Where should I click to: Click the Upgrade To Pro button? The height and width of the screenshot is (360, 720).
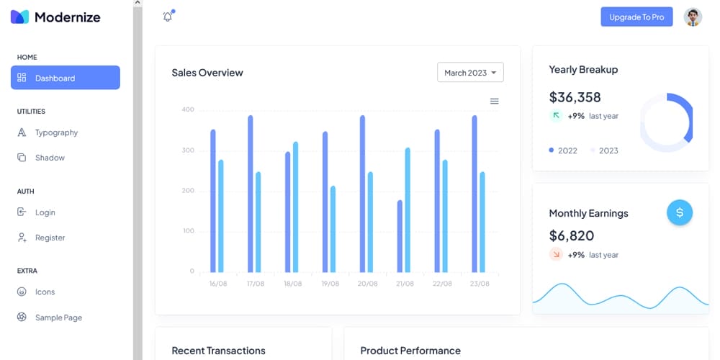[x=636, y=17]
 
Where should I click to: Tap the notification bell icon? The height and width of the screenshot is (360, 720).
[x=168, y=17]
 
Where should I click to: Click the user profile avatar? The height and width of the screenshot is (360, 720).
[x=693, y=17]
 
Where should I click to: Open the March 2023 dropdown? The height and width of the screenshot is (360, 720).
[x=470, y=73]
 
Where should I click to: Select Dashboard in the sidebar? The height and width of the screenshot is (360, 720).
[x=66, y=78]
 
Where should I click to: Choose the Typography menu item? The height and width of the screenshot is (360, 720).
[x=56, y=132]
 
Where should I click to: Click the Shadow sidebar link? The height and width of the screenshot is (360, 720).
[x=50, y=158]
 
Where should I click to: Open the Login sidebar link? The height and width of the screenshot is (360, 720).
[x=45, y=212]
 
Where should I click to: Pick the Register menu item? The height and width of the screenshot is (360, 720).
[x=50, y=238]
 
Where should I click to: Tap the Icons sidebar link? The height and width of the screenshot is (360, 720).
[x=45, y=292]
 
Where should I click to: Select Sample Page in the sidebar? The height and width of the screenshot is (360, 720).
[x=58, y=318]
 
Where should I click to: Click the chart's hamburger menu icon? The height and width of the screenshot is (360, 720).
[x=495, y=102]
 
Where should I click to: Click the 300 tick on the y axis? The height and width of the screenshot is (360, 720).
[x=188, y=150]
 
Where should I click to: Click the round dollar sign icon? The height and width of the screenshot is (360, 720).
[x=680, y=212]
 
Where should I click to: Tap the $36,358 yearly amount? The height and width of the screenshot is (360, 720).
[x=575, y=97]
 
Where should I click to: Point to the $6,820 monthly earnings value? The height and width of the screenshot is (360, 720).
[x=572, y=235]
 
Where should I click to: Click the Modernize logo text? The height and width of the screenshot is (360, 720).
[x=67, y=17]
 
